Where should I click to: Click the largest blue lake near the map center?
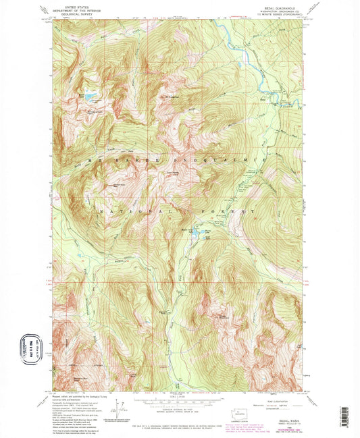pos(195,231)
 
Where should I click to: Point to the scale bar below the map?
pos(179,403)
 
